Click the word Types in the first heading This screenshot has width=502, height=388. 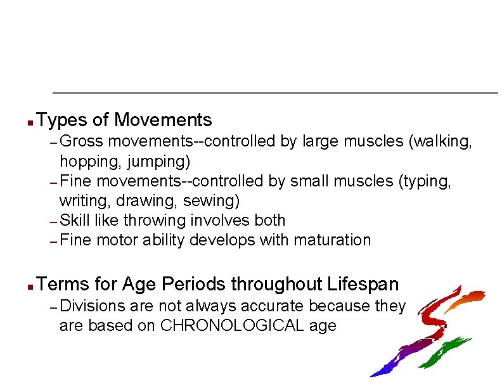point(63,120)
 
